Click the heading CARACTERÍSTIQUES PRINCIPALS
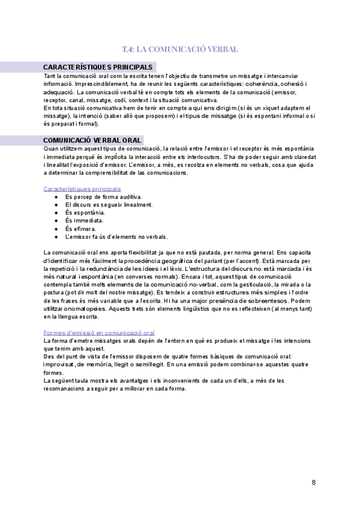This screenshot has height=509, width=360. tap(98, 67)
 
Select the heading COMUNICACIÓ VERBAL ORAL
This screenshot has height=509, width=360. tap(92, 140)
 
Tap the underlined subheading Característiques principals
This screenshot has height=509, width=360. tap(82, 188)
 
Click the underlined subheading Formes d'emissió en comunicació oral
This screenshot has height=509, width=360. tap(99, 332)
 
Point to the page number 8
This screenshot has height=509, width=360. tap(314, 483)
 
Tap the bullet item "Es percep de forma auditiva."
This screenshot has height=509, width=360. tap(103, 196)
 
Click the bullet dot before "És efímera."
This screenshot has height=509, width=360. tap(56, 229)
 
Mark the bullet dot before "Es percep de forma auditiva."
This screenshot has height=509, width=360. tap(56, 196)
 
